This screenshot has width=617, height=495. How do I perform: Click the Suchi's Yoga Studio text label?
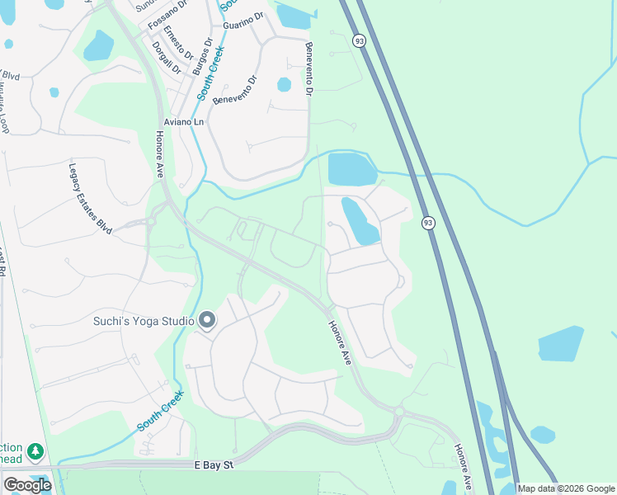click(x=143, y=320)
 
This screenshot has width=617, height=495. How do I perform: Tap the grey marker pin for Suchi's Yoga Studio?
click(x=207, y=320)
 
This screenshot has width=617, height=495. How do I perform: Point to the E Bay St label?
click(x=215, y=466)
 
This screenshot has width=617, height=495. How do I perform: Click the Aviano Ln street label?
click(x=183, y=122)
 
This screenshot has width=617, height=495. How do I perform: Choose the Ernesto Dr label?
click(x=177, y=42)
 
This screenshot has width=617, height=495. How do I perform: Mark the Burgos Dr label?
click(x=202, y=56)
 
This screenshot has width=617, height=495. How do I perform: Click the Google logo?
click(x=27, y=485)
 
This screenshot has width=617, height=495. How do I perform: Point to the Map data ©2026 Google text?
click(x=565, y=488)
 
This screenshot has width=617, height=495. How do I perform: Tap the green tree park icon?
click(x=35, y=451)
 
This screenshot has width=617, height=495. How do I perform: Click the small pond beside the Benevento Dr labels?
click(x=284, y=84)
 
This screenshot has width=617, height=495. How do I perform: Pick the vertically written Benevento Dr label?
click(x=309, y=69)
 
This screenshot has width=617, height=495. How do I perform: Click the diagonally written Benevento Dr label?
click(x=235, y=90)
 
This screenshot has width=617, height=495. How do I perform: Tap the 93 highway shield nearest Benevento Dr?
click(x=358, y=40)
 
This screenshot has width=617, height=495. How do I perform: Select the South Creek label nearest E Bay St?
click(x=159, y=411)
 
